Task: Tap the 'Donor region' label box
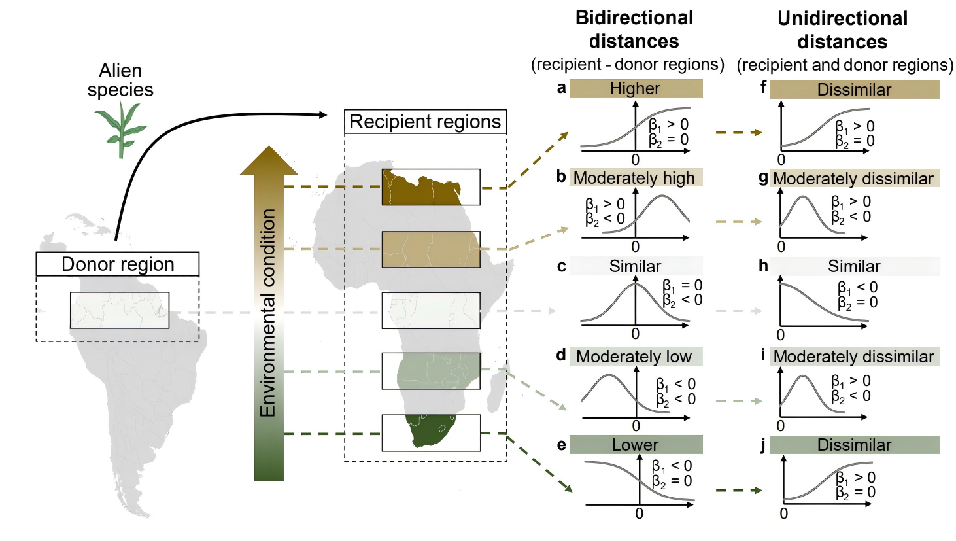tap(118, 264)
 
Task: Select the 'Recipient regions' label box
tap(425, 122)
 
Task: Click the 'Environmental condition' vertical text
tap(268, 313)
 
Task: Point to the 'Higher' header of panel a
tap(636, 88)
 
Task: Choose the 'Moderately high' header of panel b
tap(634, 178)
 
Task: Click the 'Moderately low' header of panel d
tap(634, 357)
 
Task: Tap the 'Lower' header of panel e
tap(636, 445)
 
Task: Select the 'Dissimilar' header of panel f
tap(854, 90)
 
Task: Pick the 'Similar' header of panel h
tap(854, 266)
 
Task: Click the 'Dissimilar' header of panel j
tap(854, 445)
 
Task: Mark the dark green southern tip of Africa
tap(428, 432)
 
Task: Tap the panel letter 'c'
tap(561, 266)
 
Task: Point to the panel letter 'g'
tap(763, 177)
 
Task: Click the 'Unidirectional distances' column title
tap(842, 30)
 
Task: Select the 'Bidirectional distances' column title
tap(634, 29)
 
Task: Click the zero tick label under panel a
tap(635, 160)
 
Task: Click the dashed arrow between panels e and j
tap(739, 490)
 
